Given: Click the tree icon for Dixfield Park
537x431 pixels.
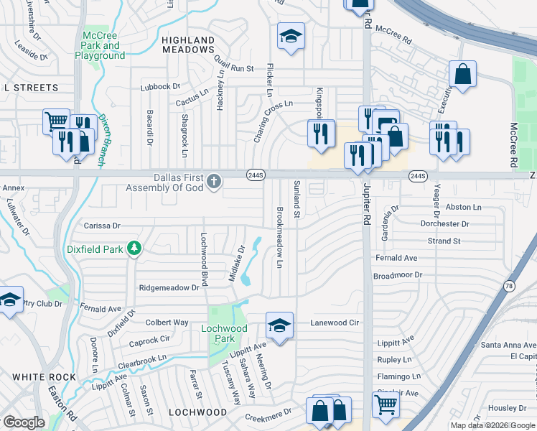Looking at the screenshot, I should (134, 249).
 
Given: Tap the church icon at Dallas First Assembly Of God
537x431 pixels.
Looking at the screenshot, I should (213, 182).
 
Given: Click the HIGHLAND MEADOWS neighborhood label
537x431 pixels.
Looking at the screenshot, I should (188, 45).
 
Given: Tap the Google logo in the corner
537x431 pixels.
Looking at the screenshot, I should (24, 422).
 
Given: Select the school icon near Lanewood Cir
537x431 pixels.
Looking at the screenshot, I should (279, 325).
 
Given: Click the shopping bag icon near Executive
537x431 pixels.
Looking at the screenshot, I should (463, 73).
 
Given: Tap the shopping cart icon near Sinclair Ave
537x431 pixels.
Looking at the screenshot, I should (386, 404).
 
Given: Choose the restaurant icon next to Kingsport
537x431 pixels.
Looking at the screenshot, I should (321, 133).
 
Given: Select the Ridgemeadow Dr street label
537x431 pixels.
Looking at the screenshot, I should (169, 287).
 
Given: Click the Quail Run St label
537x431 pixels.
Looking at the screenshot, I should (234, 69).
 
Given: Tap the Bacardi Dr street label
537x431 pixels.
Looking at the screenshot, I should (150, 128).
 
